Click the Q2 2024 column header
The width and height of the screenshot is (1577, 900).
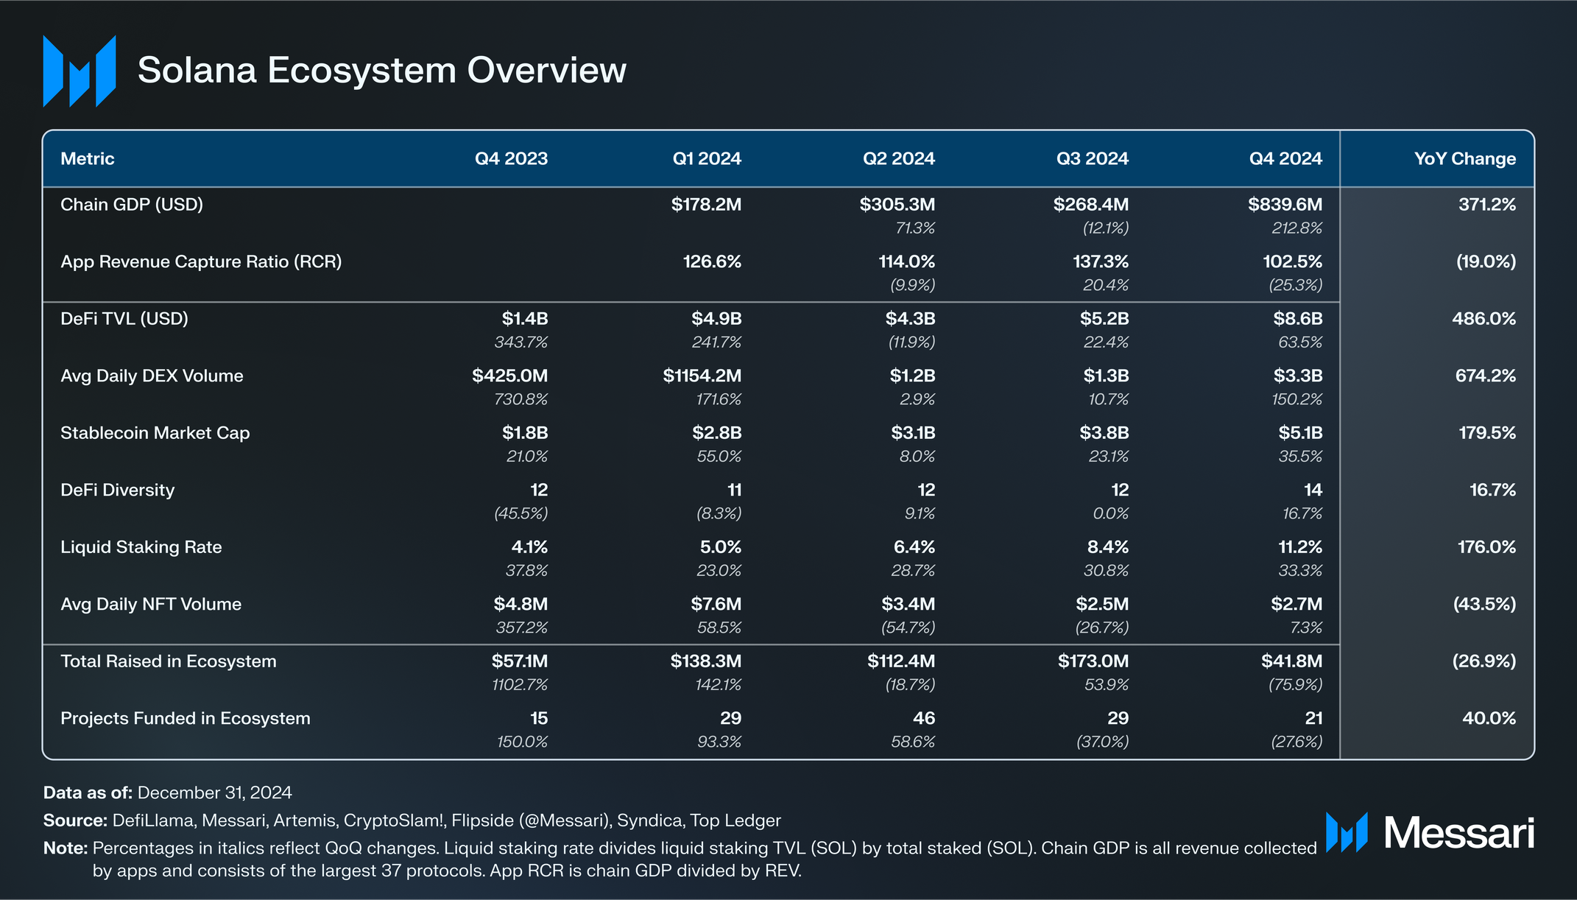click(898, 158)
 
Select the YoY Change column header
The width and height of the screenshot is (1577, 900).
click(1464, 158)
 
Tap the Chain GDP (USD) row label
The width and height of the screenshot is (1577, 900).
click(132, 205)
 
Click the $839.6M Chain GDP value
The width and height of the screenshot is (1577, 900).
click(1285, 205)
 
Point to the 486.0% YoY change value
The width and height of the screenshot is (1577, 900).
click(1483, 319)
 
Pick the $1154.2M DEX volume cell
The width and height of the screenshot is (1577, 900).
click(702, 376)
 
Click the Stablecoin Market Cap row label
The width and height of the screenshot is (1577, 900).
click(155, 433)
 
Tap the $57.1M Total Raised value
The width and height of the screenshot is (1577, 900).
click(520, 661)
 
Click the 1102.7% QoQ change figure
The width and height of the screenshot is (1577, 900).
click(520, 685)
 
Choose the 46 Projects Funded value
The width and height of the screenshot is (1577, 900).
click(923, 718)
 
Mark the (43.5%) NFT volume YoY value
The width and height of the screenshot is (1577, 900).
click(1484, 605)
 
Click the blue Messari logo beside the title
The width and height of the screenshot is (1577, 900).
click(80, 71)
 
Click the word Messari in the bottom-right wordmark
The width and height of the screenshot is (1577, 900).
click(1459, 833)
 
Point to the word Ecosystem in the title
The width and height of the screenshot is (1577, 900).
click(361, 71)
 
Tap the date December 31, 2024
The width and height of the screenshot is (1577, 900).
click(215, 792)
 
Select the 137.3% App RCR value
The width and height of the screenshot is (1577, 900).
click(1101, 261)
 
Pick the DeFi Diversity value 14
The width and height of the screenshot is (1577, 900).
click(1313, 491)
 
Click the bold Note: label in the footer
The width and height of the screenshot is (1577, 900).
click(66, 848)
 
